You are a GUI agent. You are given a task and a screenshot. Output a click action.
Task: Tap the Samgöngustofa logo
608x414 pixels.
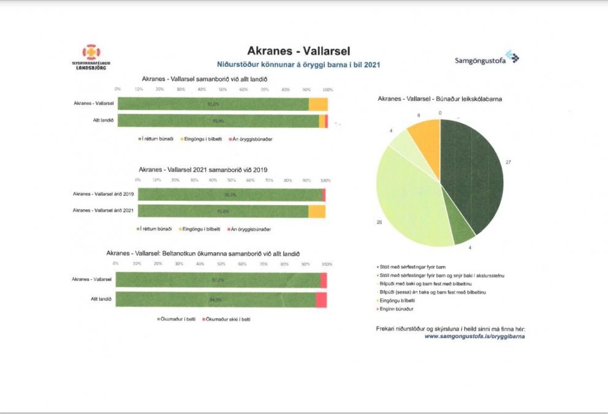click(487, 59)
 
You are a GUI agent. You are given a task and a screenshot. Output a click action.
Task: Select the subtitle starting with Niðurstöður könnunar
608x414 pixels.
click(299, 64)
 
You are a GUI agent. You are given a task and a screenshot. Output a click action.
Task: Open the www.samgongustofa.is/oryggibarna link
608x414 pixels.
click(475, 336)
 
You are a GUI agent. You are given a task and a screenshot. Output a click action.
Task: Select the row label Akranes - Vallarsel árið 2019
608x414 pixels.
click(103, 194)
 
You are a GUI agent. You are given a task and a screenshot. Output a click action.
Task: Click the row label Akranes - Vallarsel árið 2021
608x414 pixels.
click(103, 211)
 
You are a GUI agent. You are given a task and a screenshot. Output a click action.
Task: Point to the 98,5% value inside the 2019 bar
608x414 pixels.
click(230, 194)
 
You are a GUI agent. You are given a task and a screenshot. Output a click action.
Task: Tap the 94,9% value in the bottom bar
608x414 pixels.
click(216, 300)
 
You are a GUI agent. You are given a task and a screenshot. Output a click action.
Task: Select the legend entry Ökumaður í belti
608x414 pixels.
click(177, 319)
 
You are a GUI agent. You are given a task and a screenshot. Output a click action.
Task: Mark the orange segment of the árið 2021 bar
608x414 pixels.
click(316, 211)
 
